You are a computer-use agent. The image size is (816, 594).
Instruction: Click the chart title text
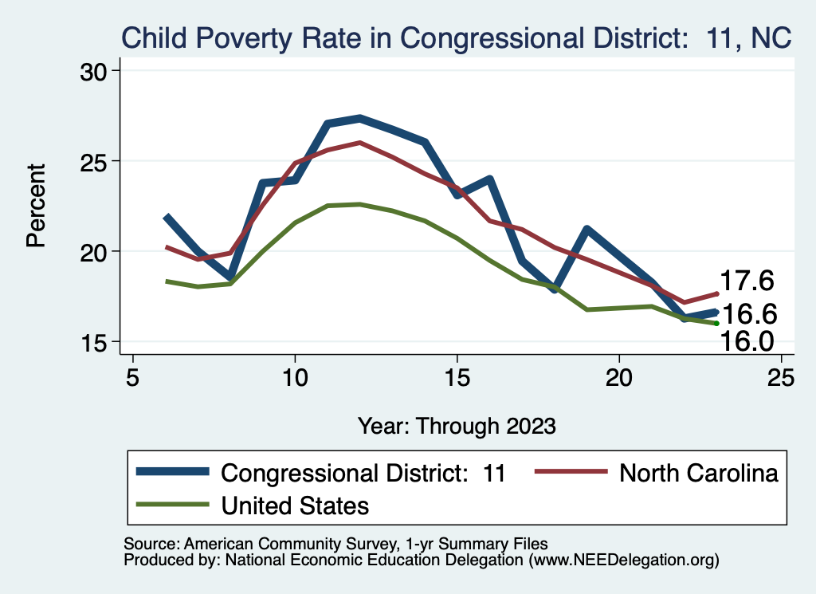pyautogui.click(x=455, y=37)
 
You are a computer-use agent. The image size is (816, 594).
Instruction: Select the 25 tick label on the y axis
pyautogui.click(x=99, y=161)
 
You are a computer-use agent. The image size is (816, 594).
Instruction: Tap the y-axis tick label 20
pyautogui.click(x=99, y=251)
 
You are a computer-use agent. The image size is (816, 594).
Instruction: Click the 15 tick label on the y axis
pyautogui.click(x=99, y=342)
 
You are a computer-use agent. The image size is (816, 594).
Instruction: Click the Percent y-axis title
pyautogui.click(x=36, y=206)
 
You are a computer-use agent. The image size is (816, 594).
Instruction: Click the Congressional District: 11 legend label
pyautogui.click(x=363, y=472)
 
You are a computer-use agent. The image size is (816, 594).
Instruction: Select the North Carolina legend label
pyautogui.click(x=698, y=472)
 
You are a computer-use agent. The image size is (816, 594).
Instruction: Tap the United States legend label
pyautogui.click(x=295, y=505)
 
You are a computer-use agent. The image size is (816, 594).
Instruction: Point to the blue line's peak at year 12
pyautogui.click(x=360, y=118)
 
